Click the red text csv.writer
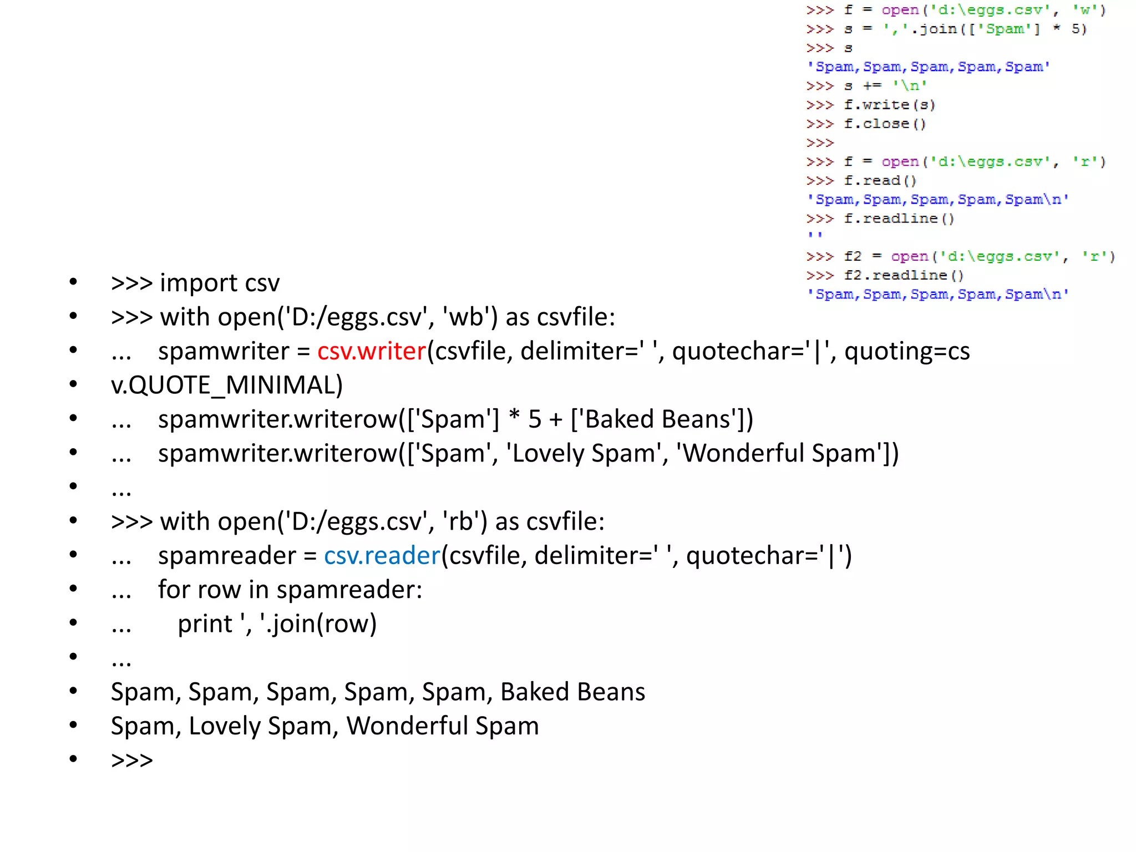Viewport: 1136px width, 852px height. pos(371,351)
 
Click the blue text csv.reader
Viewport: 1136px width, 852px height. pos(382,556)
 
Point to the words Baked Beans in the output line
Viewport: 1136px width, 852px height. pos(572,692)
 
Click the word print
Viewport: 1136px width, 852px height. pos(205,624)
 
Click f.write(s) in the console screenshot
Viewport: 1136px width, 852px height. pos(889,105)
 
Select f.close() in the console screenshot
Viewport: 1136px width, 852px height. pos(885,124)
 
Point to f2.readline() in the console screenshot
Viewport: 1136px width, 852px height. pos(904,275)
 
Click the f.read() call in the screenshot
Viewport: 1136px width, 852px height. pos(880,181)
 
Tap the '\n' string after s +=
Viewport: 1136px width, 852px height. pos(909,86)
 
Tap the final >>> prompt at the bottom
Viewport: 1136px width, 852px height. pos(132,760)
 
